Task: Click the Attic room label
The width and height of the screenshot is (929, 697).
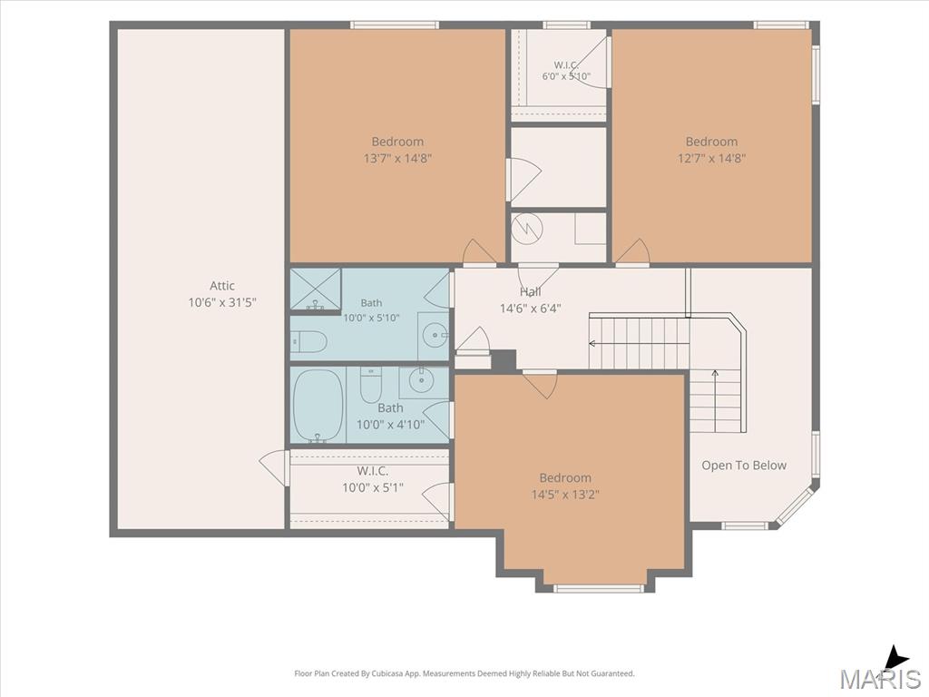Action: pos(222,286)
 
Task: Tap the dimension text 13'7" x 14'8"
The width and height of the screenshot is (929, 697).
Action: pos(397,158)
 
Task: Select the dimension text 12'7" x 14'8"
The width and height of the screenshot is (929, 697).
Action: pos(711,158)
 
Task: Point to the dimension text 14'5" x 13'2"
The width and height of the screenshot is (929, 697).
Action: pos(565,495)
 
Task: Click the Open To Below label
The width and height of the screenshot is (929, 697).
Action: pos(744,466)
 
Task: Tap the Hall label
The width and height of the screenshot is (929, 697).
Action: pos(530,291)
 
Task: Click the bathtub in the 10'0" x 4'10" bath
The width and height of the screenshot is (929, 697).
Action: pos(318,406)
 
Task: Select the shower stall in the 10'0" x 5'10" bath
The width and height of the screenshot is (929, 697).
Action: pos(315,289)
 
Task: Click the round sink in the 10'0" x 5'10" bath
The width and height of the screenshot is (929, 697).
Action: pos(435,336)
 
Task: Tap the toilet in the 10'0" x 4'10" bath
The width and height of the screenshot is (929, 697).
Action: pos(371,385)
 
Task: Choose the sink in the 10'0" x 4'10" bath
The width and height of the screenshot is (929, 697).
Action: pos(421,380)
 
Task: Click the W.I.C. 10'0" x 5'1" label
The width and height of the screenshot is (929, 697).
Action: pos(373,479)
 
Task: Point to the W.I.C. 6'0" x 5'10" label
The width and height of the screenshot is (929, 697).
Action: pos(566,71)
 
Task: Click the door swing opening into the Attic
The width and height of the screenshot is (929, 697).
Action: pos(273,468)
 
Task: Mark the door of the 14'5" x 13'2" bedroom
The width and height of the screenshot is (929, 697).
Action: pos(540,384)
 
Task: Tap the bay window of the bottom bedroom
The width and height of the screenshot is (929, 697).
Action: pos(599,588)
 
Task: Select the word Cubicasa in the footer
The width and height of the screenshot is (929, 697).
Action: pos(385,673)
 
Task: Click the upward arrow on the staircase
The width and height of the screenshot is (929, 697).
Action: pos(715,401)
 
